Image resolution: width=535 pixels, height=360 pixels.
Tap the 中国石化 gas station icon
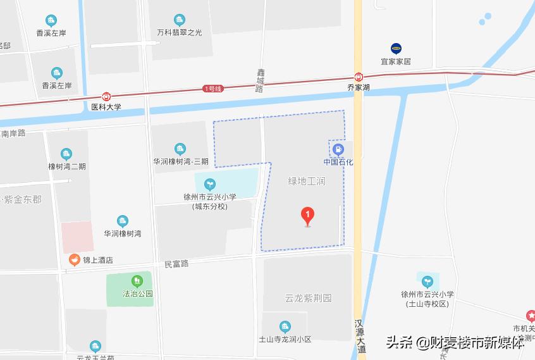(338, 150)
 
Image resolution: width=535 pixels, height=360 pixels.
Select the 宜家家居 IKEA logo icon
(396, 48)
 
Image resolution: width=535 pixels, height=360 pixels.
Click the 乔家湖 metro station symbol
(359, 77)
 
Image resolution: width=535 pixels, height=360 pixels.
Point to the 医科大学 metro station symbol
(106, 97)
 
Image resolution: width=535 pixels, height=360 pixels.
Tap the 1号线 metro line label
(213, 89)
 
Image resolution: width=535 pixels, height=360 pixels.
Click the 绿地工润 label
(307, 181)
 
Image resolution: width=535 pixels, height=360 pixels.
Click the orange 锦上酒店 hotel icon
(75, 259)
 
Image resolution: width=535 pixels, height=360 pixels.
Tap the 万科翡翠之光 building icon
(180, 20)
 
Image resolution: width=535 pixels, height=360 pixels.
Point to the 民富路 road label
(176, 263)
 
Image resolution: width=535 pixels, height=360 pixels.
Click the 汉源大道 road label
(360, 335)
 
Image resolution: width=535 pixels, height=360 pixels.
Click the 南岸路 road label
(13, 133)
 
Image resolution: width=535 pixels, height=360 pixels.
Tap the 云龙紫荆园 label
(308, 297)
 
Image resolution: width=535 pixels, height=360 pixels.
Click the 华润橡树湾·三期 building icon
(180, 149)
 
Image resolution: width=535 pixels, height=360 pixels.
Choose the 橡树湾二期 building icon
(66, 154)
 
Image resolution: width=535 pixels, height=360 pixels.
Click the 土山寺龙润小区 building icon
(285, 326)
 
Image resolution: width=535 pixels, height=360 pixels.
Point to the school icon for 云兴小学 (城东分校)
(209, 184)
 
